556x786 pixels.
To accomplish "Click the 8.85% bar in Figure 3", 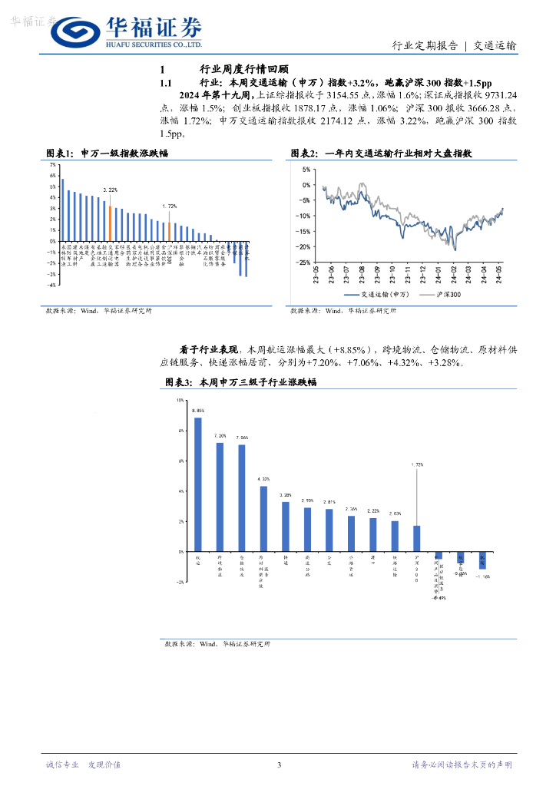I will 198,484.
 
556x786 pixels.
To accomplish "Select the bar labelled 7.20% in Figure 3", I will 220,497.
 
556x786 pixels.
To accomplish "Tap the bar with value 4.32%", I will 263,518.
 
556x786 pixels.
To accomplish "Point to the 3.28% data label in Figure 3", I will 286,495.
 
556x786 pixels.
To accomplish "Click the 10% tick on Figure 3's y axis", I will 180,401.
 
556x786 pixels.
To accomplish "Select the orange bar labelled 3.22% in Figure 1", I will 110,223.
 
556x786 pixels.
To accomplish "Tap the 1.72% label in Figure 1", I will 169,206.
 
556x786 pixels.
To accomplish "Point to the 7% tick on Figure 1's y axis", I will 51,165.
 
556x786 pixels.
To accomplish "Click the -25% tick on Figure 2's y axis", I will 304,263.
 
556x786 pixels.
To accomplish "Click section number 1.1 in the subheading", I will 168,81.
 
